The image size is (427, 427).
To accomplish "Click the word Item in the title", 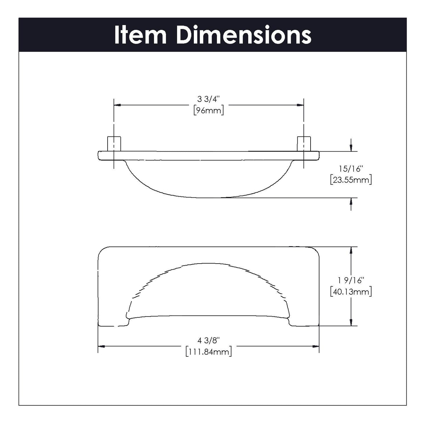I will tap(140, 35).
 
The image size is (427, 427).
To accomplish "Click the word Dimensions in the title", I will tap(243, 35).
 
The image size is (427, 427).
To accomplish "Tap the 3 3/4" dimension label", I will tap(209, 99).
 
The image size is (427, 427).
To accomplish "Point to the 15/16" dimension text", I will tap(350, 169).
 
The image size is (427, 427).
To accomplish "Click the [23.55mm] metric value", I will tap(350, 180).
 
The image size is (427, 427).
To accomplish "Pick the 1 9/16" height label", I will tap(350, 280).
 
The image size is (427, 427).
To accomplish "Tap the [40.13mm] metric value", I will tap(350, 292).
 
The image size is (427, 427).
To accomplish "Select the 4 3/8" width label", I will tap(209, 340).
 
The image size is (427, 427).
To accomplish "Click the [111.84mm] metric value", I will tap(209, 352).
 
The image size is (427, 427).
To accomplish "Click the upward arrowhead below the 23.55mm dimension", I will tap(351, 201).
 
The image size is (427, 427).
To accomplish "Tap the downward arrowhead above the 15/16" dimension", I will tap(351, 148).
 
